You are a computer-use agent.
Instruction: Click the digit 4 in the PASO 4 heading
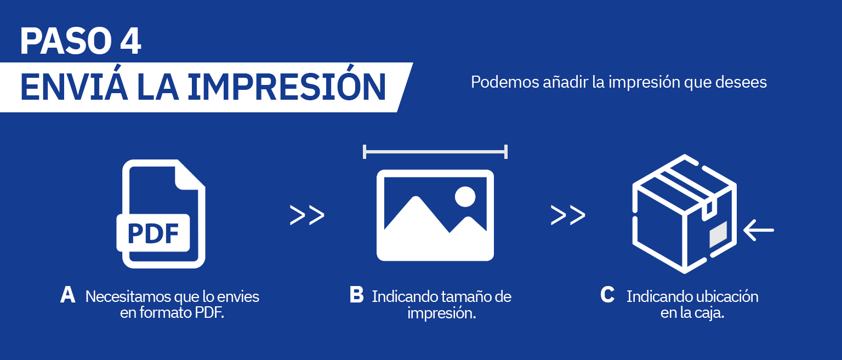[x=130, y=41]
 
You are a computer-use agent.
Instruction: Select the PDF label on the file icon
[x=153, y=233]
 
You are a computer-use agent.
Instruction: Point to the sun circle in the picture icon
[x=465, y=197]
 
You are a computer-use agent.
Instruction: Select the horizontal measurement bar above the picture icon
[x=435, y=152]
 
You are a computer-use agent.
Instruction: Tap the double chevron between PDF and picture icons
[x=307, y=215]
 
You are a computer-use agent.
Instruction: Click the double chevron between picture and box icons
[x=568, y=215]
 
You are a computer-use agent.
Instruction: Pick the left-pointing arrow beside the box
[x=759, y=230]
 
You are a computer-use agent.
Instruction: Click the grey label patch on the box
[x=718, y=235]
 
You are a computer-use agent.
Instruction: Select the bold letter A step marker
[x=67, y=295]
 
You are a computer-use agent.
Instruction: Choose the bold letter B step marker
[x=356, y=295]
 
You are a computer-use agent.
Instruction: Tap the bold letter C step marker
[x=607, y=295]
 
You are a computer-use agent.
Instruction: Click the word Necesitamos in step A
[x=128, y=297]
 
